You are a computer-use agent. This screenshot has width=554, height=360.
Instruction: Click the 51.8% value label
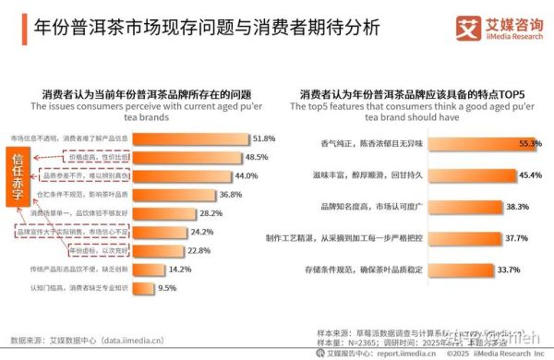tap(265, 138)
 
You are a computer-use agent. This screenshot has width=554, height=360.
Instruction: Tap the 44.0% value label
tap(246, 175)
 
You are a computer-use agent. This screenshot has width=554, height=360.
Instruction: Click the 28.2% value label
tap(211, 213)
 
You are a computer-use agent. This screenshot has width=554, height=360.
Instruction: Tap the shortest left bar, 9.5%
tap(146, 288)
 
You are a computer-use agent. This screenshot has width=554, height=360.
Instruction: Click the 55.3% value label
tap(530, 144)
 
